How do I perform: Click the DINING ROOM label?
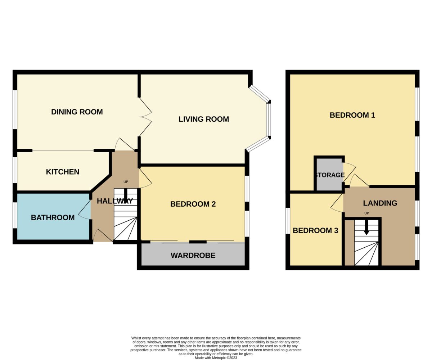[x=77, y=112]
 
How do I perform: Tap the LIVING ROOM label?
[x=204, y=119]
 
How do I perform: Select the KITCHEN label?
[x=63, y=172]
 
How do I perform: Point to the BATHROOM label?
[x=53, y=217]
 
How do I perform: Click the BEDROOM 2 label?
[x=193, y=204]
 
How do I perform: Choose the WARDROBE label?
[x=193, y=256]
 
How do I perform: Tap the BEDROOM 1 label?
[x=352, y=115]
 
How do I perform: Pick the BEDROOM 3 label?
[x=315, y=230]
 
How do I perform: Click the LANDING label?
[x=380, y=203]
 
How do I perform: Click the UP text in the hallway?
[x=126, y=182]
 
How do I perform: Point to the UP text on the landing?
[x=366, y=213]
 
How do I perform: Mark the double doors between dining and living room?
[x=146, y=117]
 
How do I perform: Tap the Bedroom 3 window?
[x=288, y=221]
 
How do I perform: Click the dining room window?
[x=15, y=110]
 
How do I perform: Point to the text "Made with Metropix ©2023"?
[x=216, y=358]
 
